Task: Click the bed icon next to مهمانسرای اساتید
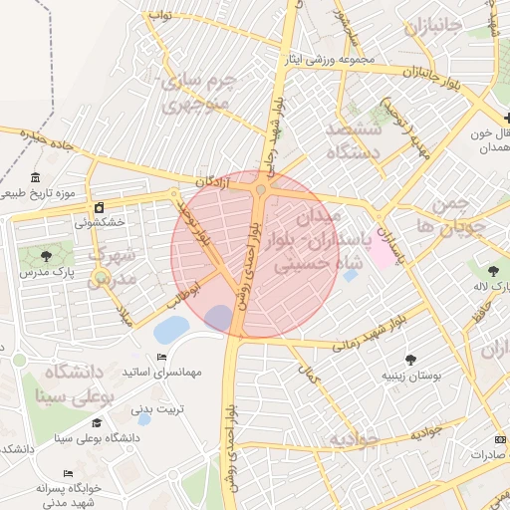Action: pyautogui.click(x=162, y=358)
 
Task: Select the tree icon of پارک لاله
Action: pyautogui.click(x=494, y=270)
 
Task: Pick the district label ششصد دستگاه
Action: pyautogui.click(x=356, y=140)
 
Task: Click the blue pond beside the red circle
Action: pyautogui.click(x=170, y=328)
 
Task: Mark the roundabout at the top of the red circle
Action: pyautogui.click(x=261, y=188)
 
